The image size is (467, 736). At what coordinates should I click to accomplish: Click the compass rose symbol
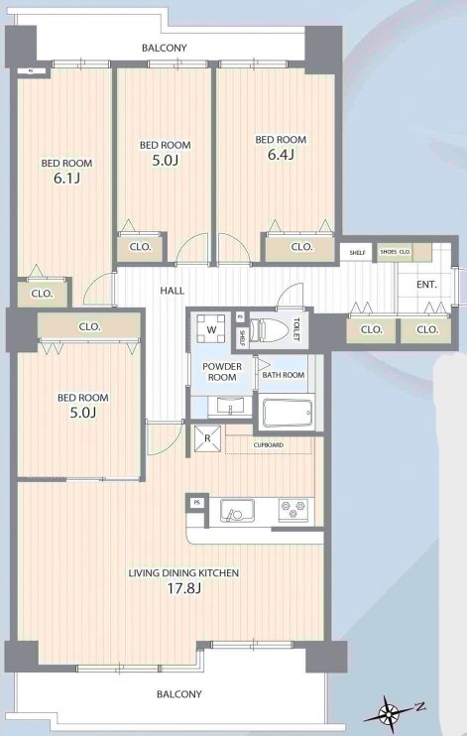389,714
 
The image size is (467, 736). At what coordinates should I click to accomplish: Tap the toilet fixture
269,330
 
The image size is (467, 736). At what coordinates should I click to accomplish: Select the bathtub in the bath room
288,413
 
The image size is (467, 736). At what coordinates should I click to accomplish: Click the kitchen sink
238,511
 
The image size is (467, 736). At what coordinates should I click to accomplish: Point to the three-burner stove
293,510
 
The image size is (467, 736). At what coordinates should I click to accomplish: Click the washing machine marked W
211,329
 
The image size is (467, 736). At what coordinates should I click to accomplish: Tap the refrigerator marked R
207,438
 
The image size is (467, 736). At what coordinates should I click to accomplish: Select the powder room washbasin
230,406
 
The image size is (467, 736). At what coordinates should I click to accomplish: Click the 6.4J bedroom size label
281,155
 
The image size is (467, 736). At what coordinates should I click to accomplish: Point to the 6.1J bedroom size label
66,178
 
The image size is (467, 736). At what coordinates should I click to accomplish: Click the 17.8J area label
184,588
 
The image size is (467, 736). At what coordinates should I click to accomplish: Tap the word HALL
173,291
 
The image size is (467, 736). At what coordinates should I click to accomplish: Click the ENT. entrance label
426,285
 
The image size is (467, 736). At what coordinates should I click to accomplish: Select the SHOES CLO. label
396,252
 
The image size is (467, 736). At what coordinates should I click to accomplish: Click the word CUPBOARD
269,445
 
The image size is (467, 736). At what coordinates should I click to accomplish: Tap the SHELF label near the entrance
357,253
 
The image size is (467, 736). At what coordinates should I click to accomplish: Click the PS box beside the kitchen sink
197,503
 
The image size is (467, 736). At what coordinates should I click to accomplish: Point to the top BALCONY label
165,48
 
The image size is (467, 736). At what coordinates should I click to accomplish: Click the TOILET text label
296,330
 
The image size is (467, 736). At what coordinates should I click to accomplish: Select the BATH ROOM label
283,375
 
